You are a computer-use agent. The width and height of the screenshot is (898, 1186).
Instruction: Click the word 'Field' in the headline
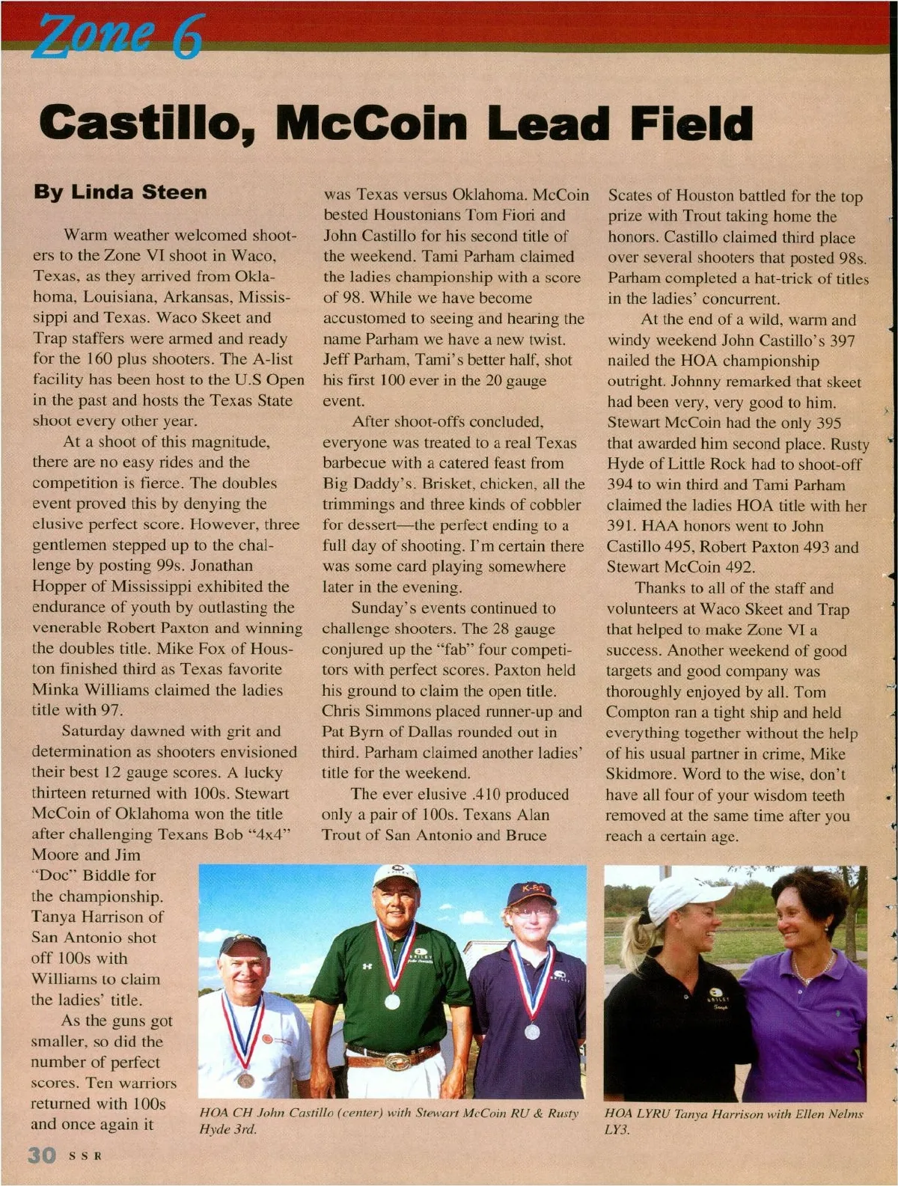coord(691,124)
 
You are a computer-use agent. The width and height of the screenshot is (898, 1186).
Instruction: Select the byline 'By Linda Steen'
coord(120,192)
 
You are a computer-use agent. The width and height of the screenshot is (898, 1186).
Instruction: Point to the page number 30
coord(42,1155)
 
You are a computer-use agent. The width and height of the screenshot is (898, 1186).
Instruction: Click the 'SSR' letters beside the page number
coord(85,1156)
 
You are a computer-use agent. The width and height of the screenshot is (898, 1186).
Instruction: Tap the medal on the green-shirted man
coord(391,1001)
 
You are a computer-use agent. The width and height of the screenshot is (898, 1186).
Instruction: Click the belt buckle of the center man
coord(391,1060)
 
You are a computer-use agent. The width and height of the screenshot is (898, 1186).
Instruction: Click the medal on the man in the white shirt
coord(245,1079)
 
